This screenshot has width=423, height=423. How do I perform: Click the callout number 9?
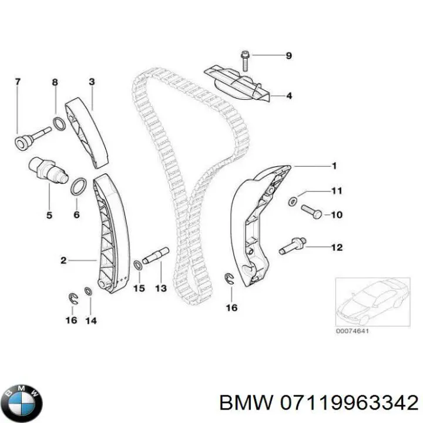pos(288,56)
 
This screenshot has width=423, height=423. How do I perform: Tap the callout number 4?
pos(289,96)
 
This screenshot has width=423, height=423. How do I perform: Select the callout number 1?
pos(334,166)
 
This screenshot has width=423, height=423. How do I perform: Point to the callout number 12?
pos(336,248)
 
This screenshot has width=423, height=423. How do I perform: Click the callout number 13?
pos(160,288)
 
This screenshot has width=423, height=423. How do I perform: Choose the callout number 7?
pos(17,82)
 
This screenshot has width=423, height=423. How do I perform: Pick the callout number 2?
pos(63,258)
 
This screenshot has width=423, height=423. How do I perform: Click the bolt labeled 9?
pos(244,59)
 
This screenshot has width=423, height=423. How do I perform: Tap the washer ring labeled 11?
pos(293,202)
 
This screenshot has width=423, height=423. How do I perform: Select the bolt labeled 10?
pos(311,211)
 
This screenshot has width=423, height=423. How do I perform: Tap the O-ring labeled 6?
pos(78,187)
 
